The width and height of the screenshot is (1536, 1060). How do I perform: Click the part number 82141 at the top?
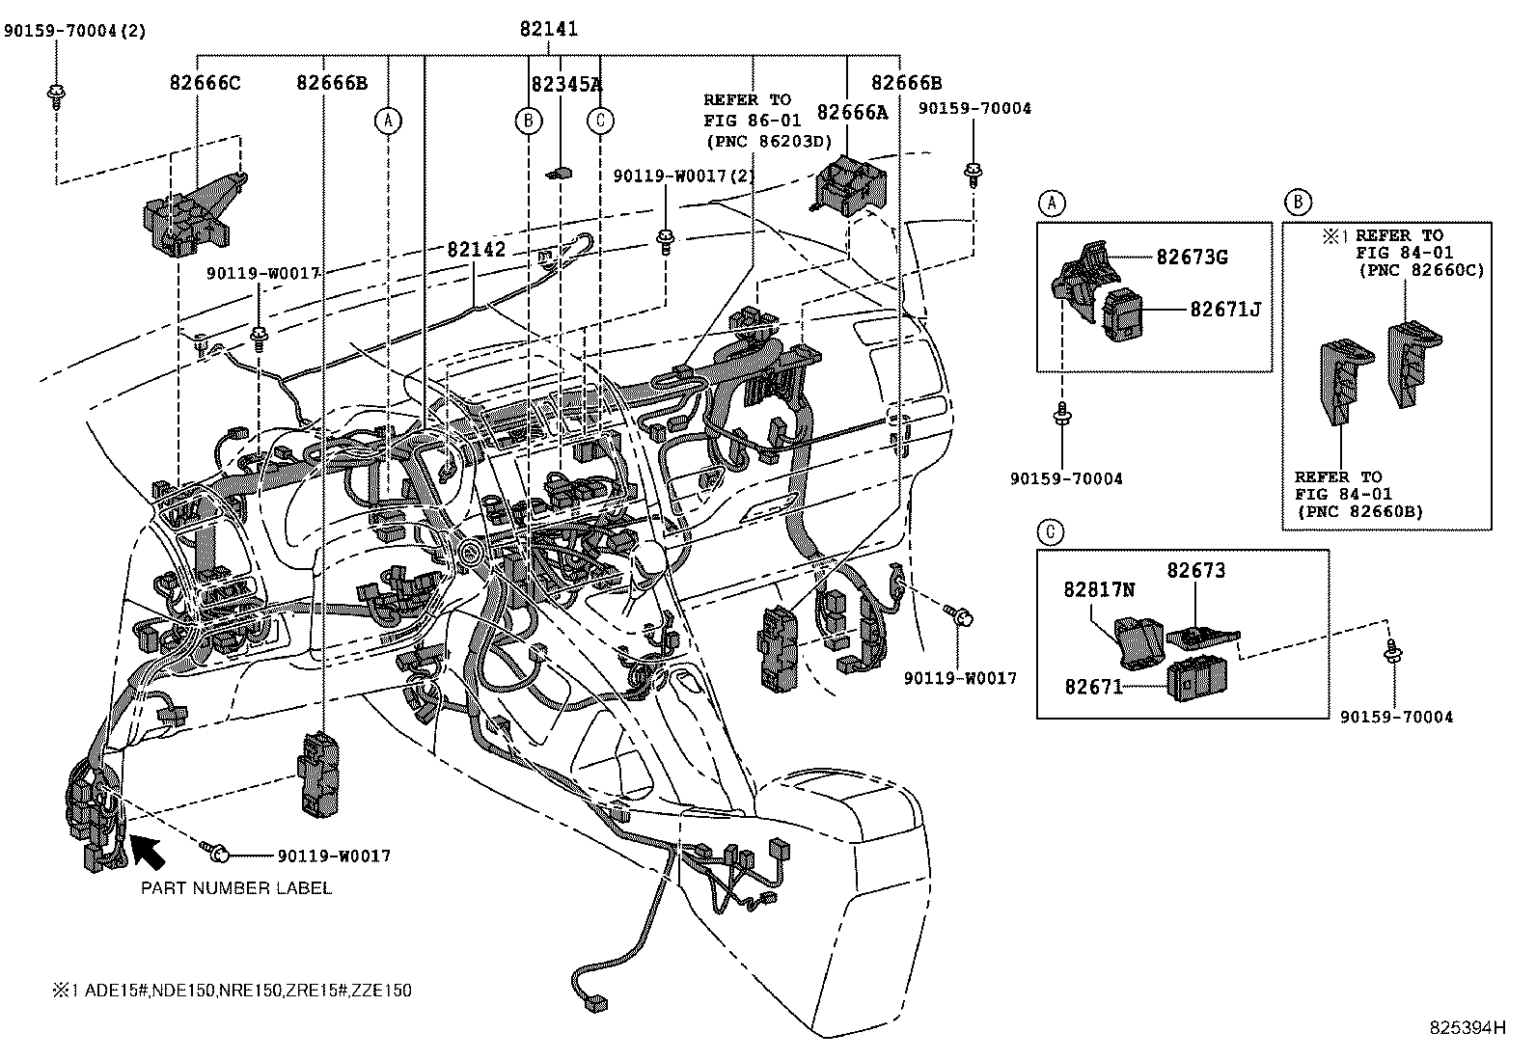[548, 30]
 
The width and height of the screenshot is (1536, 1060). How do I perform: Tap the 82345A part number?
[566, 84]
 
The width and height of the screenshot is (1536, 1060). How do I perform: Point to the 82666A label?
[852, 112]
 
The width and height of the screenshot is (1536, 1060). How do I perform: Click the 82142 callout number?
[476, 248]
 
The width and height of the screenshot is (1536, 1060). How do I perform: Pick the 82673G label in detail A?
[1192, 257]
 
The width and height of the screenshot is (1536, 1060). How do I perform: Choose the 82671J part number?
[1224, 309]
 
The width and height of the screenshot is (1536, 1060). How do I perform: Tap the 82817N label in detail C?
[1100, 588]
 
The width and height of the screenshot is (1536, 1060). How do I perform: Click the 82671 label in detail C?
[1094, 687]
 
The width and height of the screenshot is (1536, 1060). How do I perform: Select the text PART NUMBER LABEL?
[236, 887]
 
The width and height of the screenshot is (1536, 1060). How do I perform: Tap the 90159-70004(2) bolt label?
[74, 30]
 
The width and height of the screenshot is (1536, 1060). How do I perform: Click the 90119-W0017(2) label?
[684, 176]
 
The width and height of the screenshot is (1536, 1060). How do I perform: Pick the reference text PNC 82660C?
[1421, 270]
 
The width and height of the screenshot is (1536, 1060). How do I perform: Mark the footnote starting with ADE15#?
[232, 991]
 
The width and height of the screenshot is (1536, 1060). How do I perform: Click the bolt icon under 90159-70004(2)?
[55, 95]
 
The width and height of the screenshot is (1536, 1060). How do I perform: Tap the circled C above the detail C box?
[1051, 531]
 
